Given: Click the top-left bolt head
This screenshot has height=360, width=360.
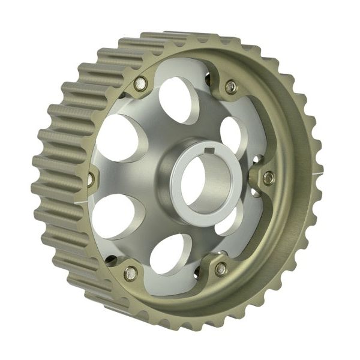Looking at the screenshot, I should (140, 83).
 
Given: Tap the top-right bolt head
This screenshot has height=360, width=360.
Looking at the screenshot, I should (231, 87).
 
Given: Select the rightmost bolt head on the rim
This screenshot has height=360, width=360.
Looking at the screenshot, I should (268, 178).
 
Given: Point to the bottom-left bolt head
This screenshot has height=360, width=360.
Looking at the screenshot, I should (130, 273).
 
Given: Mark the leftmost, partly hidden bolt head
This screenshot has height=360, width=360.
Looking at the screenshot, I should (91, 178).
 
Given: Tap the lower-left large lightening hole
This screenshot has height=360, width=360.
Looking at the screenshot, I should (114, 215).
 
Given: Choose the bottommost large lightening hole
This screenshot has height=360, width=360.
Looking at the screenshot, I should (170, 254).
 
